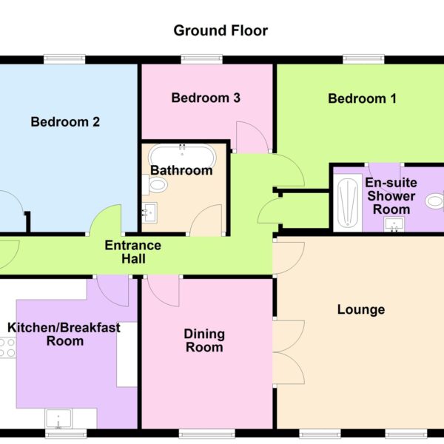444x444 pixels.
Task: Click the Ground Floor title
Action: click(x=221, y=30)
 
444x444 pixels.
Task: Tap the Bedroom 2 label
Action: click(x=65, y=122)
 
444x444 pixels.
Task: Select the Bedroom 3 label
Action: click(x=206, y=98)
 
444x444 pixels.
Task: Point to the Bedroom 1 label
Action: click(x=362, y=98)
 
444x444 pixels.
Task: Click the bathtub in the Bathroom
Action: click(x=182, y=158)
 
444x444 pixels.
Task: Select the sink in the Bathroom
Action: click(x=149, y=212)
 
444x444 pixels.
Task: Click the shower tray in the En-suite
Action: click(x=348, y=203)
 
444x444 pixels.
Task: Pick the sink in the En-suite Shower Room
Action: click(x=394, y=224)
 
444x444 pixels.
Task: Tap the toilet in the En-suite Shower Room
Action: click(x=435, y=201)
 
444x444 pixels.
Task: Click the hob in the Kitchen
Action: click(x=8, y=348)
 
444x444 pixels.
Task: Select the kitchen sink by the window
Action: click(x=58, y=419)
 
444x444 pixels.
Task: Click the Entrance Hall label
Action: click(x=133, y=252)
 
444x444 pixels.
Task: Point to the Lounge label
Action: click(x=361, y=309)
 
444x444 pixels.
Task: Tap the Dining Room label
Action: click(x=204, y=340)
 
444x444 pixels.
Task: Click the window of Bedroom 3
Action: click(x=201, y=59)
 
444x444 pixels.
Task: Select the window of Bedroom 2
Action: click(x=64, y=59)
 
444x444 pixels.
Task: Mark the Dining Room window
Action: click(x=207, y=434)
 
